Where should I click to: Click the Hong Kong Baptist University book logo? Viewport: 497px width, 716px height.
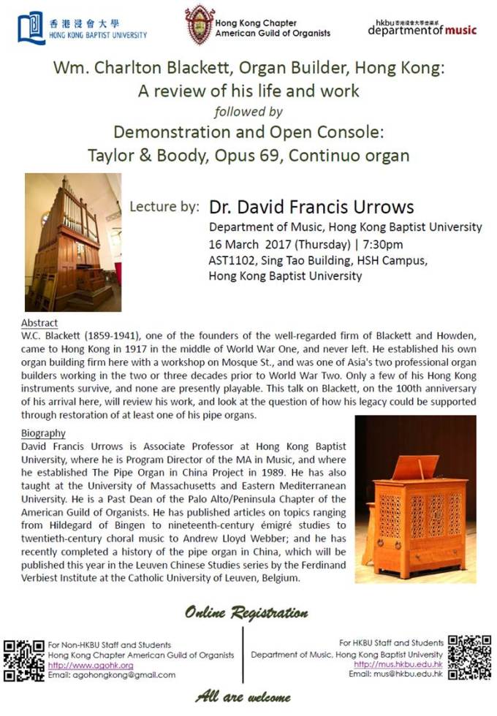(31, 28)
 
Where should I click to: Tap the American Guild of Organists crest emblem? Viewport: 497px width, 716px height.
(199, 24)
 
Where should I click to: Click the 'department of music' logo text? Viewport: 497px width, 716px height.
(422, 31)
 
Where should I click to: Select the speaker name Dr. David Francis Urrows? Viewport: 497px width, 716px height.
(311, 207)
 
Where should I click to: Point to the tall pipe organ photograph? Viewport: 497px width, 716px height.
(72, 243)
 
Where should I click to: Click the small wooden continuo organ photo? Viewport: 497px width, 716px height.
(414, 499)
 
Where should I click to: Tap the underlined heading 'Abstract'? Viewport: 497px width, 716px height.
(40, 323)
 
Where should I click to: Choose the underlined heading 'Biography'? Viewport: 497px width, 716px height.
(45, 433)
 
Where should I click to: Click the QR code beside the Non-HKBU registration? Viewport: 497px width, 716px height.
(23, 660)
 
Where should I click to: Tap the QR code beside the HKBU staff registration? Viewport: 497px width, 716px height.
(469, 657)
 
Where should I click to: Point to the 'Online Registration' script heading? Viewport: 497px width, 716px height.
(246, 613)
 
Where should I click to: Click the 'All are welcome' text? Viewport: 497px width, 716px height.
(243, 697)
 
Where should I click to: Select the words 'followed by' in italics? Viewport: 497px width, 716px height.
(248, 112)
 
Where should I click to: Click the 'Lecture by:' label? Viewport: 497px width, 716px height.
(164, 207)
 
